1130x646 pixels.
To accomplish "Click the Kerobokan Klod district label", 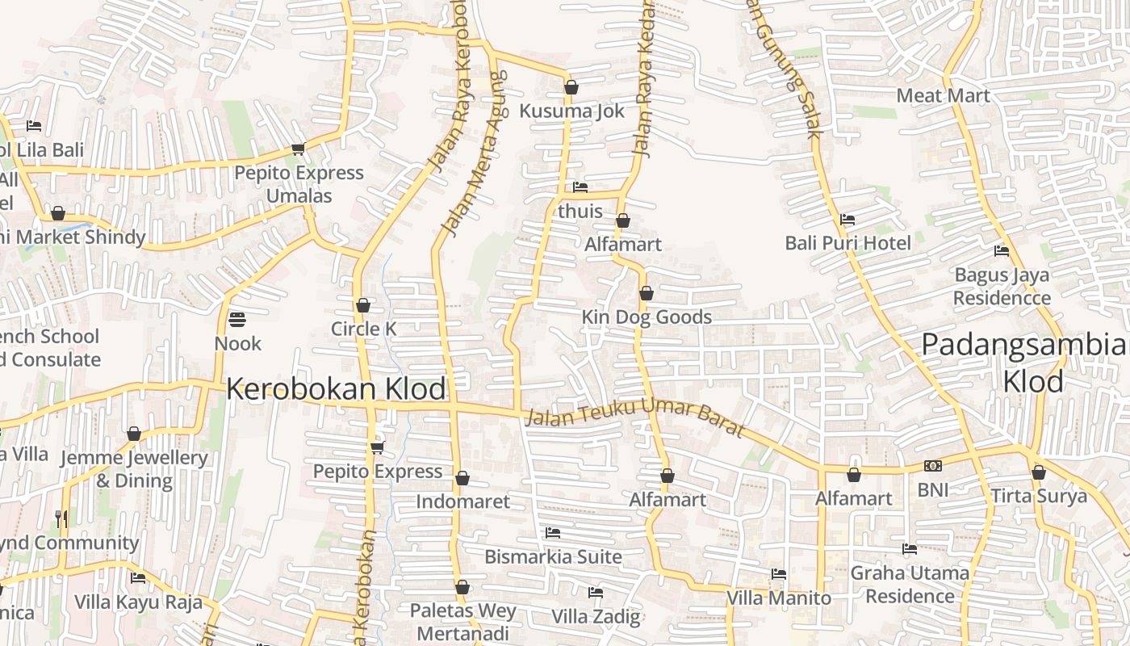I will [x=336, y=389].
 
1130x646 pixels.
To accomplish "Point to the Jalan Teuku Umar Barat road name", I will [x=634, y=417].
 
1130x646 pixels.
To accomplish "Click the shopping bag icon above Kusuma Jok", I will [x=571, y=87].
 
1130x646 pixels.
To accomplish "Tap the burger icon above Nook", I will [x=236, y=320].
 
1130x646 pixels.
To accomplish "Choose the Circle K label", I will [x=364, y=329].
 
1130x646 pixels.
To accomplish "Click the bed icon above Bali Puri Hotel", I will [x=847, y=220].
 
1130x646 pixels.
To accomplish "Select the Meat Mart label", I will [x=943, y=95].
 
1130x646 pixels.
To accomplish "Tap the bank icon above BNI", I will [x=933, y=466].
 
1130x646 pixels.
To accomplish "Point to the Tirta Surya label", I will [x=1039, y=496].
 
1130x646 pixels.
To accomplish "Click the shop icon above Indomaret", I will [x=462, y=479].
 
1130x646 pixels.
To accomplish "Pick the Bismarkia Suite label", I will [x=553, y=556].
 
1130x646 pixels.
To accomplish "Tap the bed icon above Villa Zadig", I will [x=596, y=593].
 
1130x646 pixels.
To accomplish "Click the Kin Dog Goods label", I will [x=647, y=317].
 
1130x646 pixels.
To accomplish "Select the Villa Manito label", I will [x=778, y=598].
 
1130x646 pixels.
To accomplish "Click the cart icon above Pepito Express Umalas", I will [x=298, y=149].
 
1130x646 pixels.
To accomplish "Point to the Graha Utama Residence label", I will [x=910, y=585].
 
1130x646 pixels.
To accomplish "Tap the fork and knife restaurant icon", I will [x=61, y=518].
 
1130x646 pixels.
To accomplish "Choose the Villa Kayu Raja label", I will [x=138, y=602].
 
